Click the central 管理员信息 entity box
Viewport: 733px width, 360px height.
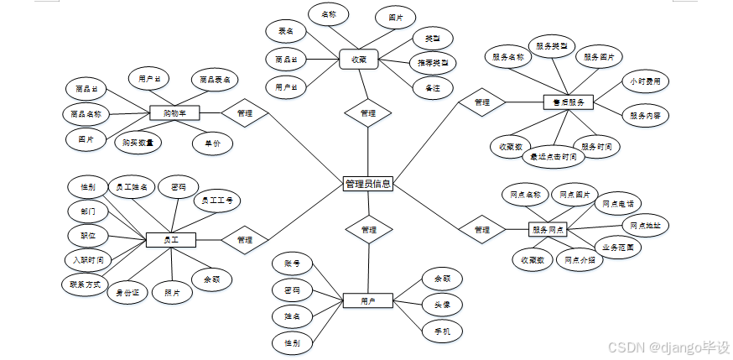(x=367, y=184)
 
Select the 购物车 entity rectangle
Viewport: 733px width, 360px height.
(x=174, y=112)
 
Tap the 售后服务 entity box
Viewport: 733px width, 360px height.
(x=568, y=102)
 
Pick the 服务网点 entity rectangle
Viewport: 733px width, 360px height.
(x=548, y=229)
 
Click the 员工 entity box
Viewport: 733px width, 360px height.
(x=171, y=240)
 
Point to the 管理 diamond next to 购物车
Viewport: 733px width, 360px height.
(x=244, y=112)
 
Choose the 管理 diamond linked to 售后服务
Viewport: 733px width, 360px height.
(x=481, y=102)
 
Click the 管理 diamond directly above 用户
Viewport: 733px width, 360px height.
(x=368, y=229)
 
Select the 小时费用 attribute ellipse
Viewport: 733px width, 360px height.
(x=645, y=82)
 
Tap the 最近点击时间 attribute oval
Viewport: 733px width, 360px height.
(x=550, y=156)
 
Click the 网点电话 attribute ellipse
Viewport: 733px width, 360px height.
(x=618, y=203)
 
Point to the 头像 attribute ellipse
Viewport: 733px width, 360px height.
(x=442, y=305)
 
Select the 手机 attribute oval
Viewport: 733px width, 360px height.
(x=442, y=332)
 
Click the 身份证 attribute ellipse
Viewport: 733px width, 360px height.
(x=133, y=293)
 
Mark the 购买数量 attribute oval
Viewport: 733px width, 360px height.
(x=138, y=142)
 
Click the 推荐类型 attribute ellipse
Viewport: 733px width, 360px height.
(x=433, y=62)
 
